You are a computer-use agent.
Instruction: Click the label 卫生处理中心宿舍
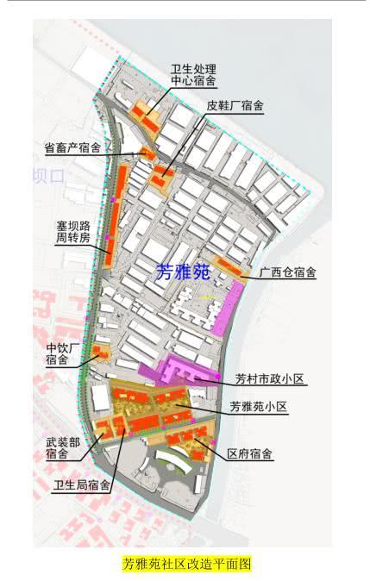192,75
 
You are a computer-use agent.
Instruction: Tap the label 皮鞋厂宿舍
234,106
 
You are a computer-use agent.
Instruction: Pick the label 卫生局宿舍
82,484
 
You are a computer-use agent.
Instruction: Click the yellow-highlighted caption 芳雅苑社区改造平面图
185,565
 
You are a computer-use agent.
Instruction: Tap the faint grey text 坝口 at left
49,176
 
